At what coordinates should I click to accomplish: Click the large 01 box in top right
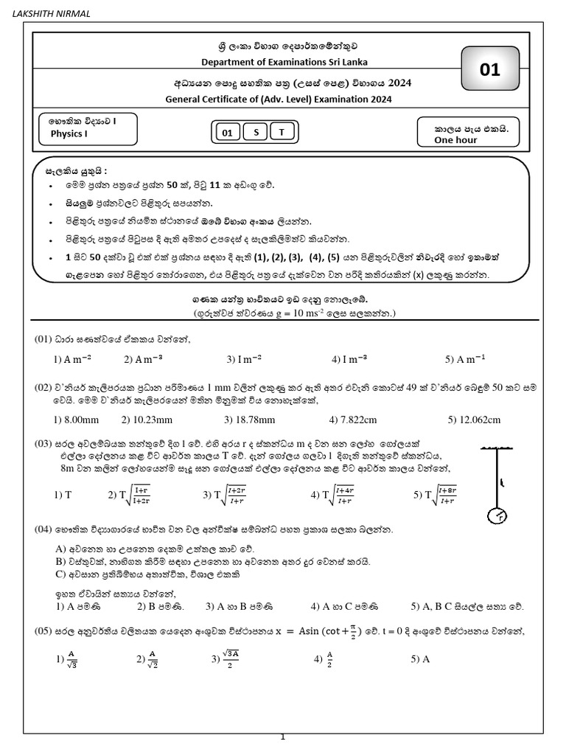pyautogui.click(x=489, y=70)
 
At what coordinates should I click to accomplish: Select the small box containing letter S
pyautogui.click(x=256, y=133)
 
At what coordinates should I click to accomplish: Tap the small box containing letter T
pyautogui.click(x=281, y=133)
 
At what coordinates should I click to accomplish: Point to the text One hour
pyautogui.click(x=455, y=139)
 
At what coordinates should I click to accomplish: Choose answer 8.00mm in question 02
pyautogui.click(x=77, y=420)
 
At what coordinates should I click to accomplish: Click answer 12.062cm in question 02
pyautogui.click(x=473, y=420)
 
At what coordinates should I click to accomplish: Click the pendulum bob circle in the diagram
pyautogui.click(x=499, y=515)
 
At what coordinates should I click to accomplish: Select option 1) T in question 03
pyautogui.click(x=63, y=495)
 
